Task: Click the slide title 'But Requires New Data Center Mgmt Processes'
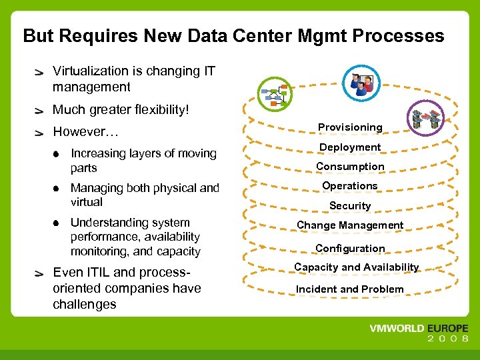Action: [x=233, y=35]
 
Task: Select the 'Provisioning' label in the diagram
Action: [x=350, y=127]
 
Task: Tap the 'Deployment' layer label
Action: [x=350, y=147]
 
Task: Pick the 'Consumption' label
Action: [x=350, y=167]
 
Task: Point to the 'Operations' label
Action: [x=350, y=186]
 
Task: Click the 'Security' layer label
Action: [x=350, y=206]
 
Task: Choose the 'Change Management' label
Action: [x=350, y=225]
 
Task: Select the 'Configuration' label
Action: [x=350, y=249]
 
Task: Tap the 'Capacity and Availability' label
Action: [x=357, y=267]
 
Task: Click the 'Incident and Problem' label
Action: [x=350, y=289]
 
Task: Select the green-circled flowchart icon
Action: [x=274, y=95]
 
